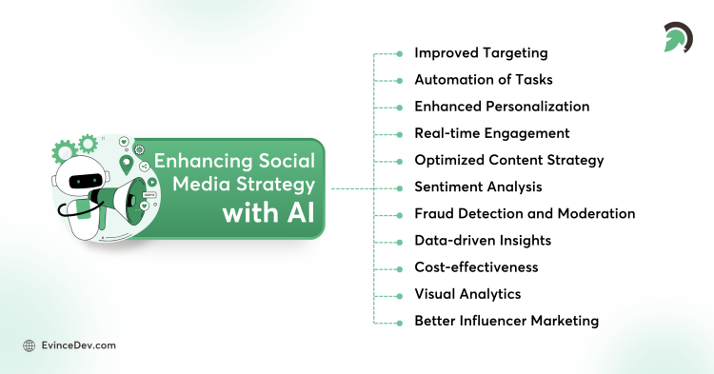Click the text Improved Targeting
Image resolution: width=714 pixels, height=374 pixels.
(x=481, y=53)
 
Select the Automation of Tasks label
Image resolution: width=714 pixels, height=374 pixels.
(x=484, y=80)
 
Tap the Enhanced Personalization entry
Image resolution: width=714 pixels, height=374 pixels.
(x=502, y=107)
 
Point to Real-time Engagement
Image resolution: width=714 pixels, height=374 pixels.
(x=491, y=133)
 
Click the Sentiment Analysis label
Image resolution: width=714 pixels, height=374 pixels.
(x=478, y=187)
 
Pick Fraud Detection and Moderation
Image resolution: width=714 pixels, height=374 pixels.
(x=525, y=213)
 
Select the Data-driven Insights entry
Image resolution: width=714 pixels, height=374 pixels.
(x=483, y=240)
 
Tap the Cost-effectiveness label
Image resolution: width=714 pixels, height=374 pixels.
(x=476, y=266)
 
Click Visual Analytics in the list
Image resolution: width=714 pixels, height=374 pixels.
(x=467, y=294)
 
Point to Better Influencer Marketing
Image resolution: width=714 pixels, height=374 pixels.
(x=506, y=321)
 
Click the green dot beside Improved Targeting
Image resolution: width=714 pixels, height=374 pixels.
(x=399, y=54)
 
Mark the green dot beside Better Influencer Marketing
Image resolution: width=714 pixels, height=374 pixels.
(x=399, y=321)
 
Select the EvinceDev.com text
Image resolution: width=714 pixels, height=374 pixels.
(x=77, y=345)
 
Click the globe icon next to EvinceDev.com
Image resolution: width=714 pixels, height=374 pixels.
(x=29, y=345)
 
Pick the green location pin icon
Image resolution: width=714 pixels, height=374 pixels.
(x=127, y=163)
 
